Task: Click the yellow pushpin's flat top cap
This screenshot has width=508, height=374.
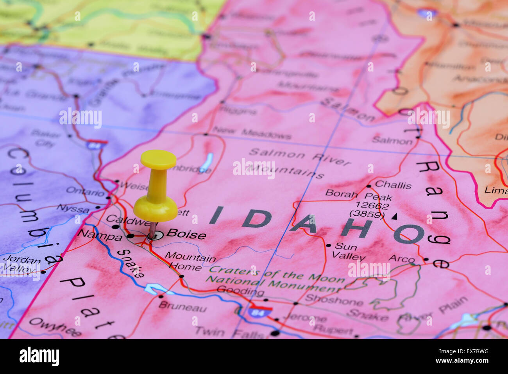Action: pyautogui.click(x=158, y=159)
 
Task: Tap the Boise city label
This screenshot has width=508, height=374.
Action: pyautogui.click(x=186, y=234)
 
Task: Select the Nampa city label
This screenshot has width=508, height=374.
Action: pyautogui.click(x=100, y=235)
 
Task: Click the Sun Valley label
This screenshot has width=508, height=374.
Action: pyautogui.click(x=348, y=252)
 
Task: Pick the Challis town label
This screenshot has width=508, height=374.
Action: pyautogui.click(x=393, y=185)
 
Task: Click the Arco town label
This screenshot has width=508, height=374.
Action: pyautogui.click(x=401, y=259)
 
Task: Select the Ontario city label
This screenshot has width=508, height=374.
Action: pyautogui.click(x=85, y=191)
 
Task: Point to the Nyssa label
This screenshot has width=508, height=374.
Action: pyautogui.click(x=73, y=208)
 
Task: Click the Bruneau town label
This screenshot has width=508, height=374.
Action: pyautogui.click(x=182, y=308)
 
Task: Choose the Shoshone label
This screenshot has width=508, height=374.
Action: pyautogui.click(x=334, y=300)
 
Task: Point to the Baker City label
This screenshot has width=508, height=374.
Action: pyautogui.click(x=45, y=138)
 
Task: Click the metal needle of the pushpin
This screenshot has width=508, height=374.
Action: pyautogui.click(x=152, y=230)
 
